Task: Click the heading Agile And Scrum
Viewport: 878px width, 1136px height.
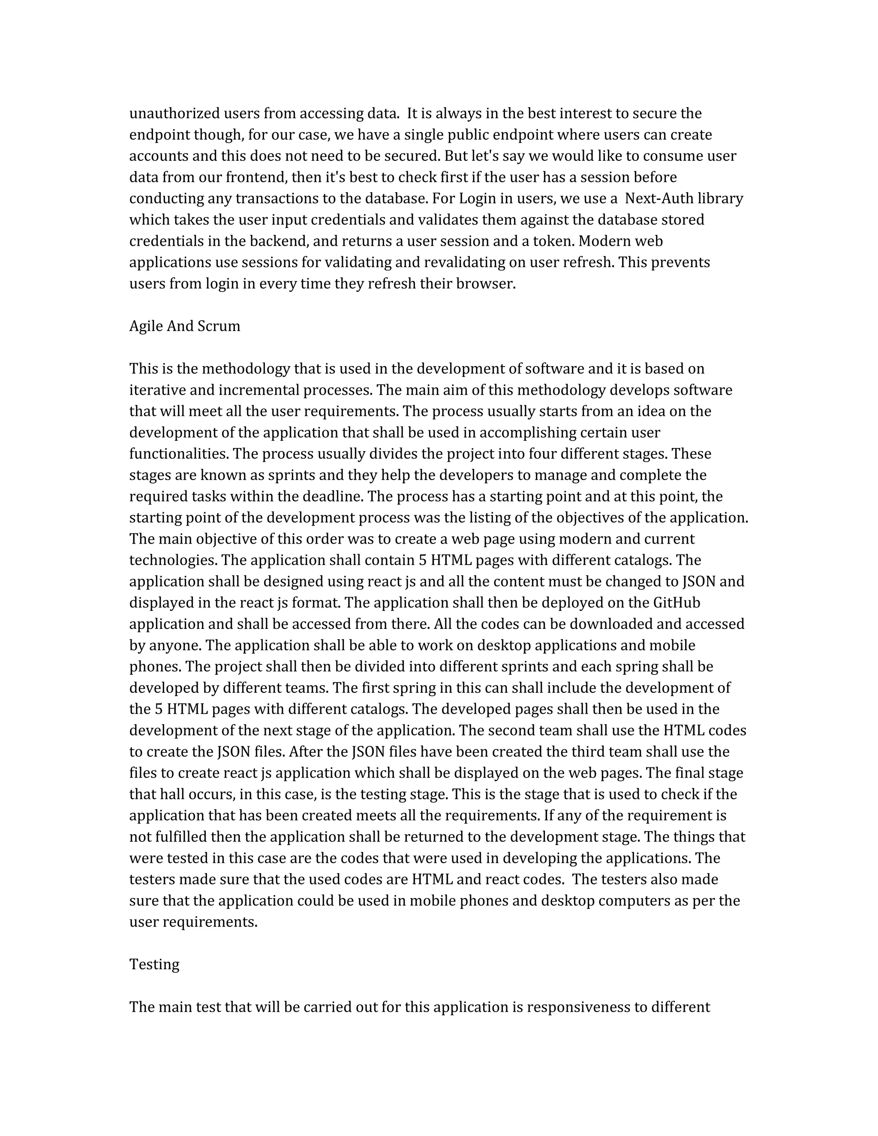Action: coord(185,326)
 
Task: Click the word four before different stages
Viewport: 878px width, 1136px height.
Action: coord(541,454)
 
